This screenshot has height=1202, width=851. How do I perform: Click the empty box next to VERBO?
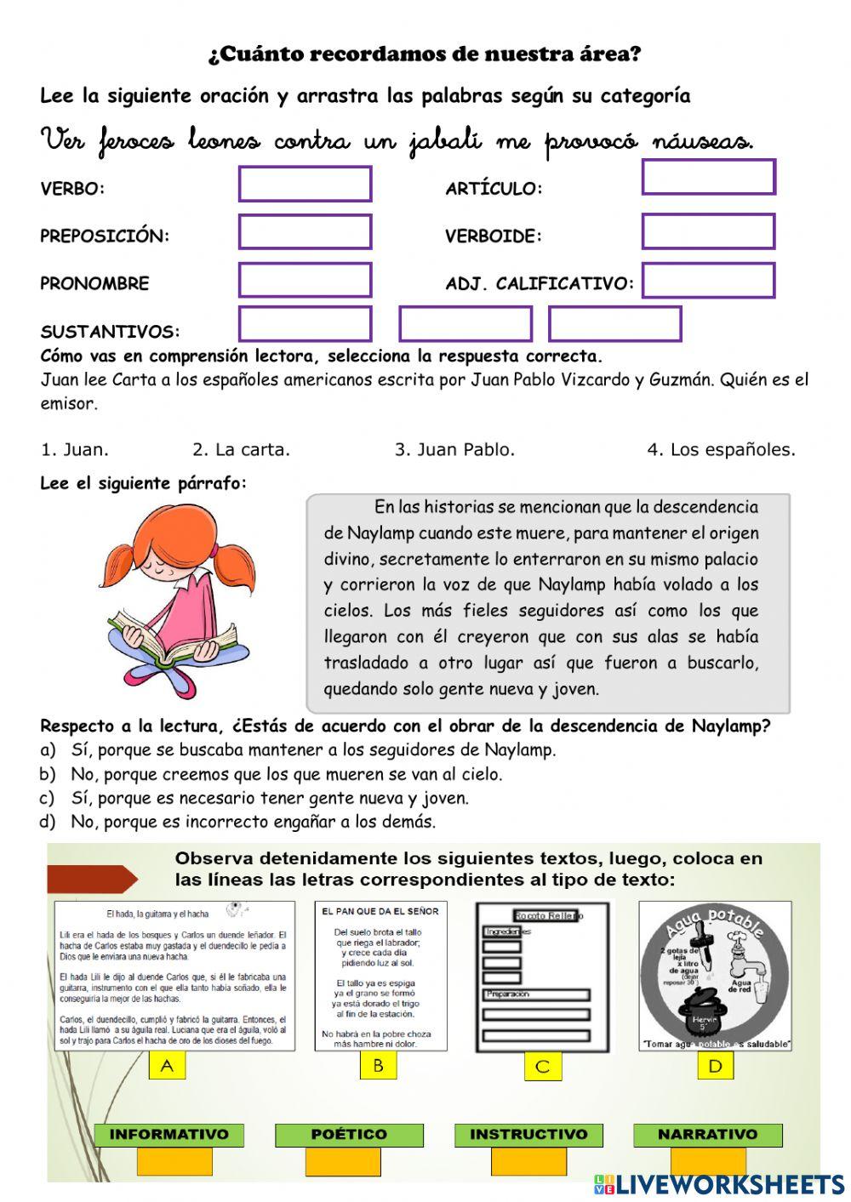(305, 184)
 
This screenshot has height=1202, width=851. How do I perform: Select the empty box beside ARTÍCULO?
(708, 177)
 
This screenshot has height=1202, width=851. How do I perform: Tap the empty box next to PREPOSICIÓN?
(305, 231)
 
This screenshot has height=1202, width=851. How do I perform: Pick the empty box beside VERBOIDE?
(708, 231)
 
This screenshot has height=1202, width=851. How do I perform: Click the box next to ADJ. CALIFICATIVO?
(708, 281)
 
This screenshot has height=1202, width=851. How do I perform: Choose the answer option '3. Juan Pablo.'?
(454, 450)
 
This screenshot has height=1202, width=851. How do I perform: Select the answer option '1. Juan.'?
(75, 450)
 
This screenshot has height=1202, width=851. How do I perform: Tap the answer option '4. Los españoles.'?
(721, 450)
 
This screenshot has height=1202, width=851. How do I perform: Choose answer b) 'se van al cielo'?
(272, 774)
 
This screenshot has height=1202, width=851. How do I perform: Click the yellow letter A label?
(167, 1066)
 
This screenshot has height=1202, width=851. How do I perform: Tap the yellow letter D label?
(715, 1066)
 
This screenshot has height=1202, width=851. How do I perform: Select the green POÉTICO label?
(349, 1135)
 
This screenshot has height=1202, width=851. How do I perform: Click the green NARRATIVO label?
(707, 1135)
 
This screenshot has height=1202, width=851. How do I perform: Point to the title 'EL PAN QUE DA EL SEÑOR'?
(380, 911)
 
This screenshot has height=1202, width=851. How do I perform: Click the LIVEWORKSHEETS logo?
(719, 1184)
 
